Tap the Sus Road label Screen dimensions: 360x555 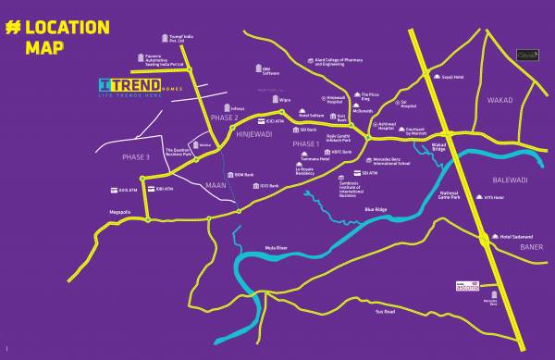(385, 312)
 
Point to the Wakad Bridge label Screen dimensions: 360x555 (439, 146)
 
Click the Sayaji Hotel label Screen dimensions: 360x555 (451, 77)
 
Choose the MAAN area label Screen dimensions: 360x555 (216, 185)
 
